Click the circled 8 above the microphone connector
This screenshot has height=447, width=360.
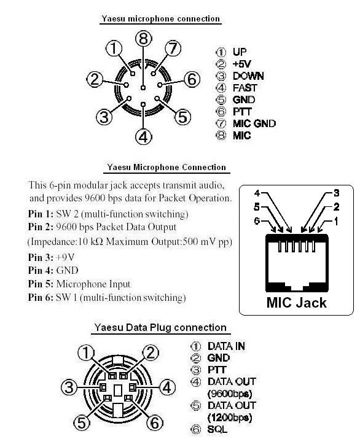pyautogui.click(x=143, y=39)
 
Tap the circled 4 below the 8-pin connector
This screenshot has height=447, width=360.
pyautogui.click(x=143, y=137)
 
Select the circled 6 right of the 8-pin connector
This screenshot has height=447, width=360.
pyautogui.click(x=192, y=79)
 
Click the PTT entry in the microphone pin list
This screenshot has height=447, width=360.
pyautogui.click(x=243, y=111)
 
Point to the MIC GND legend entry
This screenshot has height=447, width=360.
pyautogui.click(x=254, y=123)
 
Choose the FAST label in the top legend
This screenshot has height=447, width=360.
pyautogui.click(x=245, y=88)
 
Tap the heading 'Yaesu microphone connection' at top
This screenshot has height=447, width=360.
pyautogui.click(x=160, y=19)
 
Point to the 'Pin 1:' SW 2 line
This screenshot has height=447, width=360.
pyautogui.click(x=108, y=214)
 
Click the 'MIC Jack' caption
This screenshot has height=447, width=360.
pyautogui.click(x=296, y=303)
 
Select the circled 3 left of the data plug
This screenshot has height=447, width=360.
pyautogui.click(x=71, y=388)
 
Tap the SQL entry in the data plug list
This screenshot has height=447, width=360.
pyautogui.click(x=218, y=429)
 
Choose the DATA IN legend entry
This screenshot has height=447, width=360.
pyautogui.click(x=226, y=346)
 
